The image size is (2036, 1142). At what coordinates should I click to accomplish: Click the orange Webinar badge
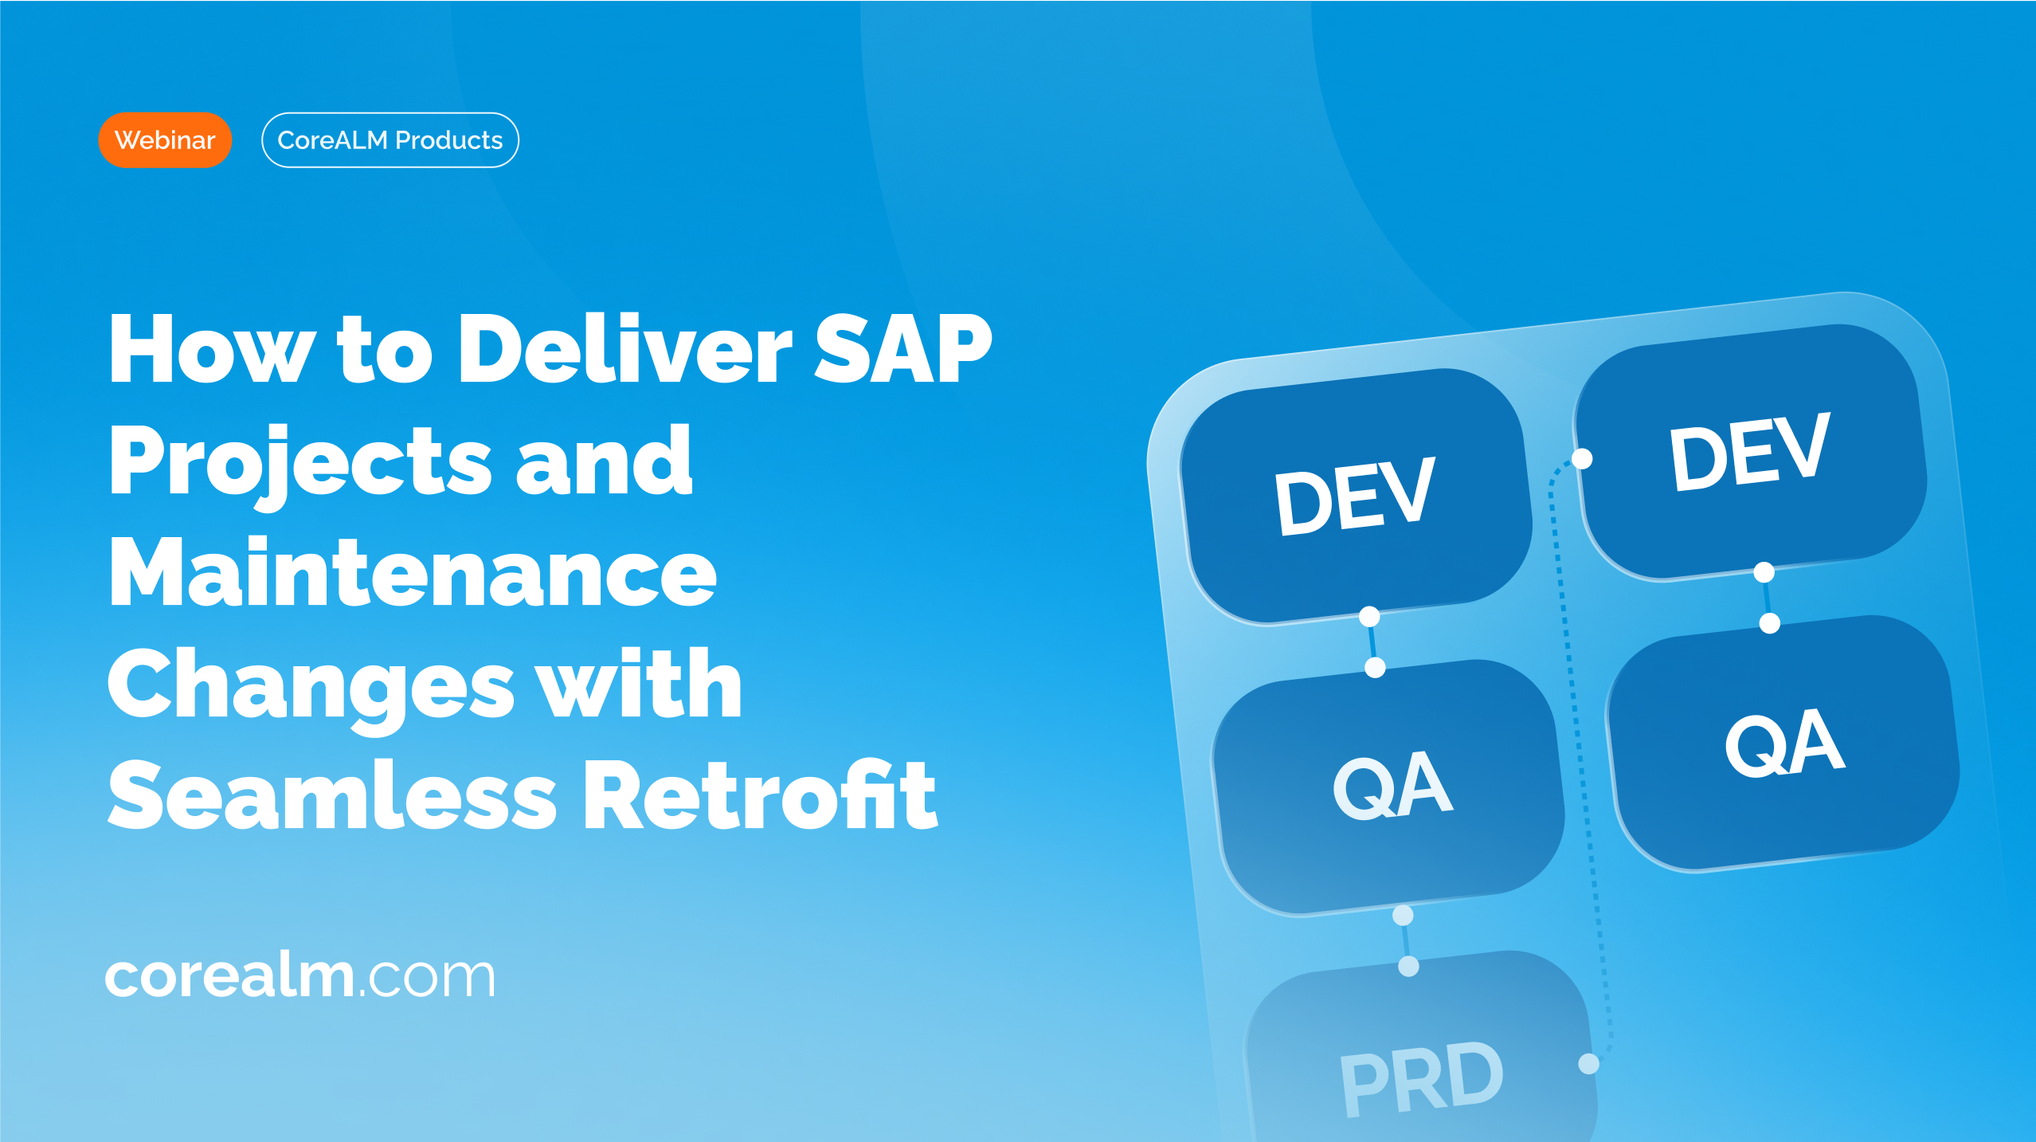pyautogui.click(x=165, y=140)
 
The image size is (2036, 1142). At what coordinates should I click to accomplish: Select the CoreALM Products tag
pyautogui.click(x=390, y=140)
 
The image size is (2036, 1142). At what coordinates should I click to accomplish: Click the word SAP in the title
pyautogui.click(x=902, y=348)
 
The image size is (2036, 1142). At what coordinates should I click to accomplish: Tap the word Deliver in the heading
pyautogui.click(x=625, y=348)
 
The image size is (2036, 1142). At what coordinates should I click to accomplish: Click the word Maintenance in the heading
pyautogui.click(x=413, y=571)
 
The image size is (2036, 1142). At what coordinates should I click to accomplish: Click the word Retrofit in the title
pyautogui.click(x=760, y=795)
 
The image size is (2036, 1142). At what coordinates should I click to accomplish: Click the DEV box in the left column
pyautogui.click(x=1357, y=496)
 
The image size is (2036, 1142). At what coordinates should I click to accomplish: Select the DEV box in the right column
pyautogui.click(x=1751, y=452)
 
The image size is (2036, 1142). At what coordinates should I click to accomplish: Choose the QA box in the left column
pyautogui.click(x=1388, y=787)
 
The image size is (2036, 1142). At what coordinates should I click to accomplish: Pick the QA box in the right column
pyautogui.click(x=1783, y=743)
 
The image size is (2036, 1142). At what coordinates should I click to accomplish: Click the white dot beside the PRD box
pyautogui.click(x=1588, y=1064)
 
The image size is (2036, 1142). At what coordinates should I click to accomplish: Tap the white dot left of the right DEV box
pyautogui.click(x=1582, y=459)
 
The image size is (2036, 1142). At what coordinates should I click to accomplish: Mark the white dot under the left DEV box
pyautogui.click(x=1369, y=617)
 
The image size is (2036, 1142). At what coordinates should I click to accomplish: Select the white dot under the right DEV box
pyautogui.click(x=1764, y=572)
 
